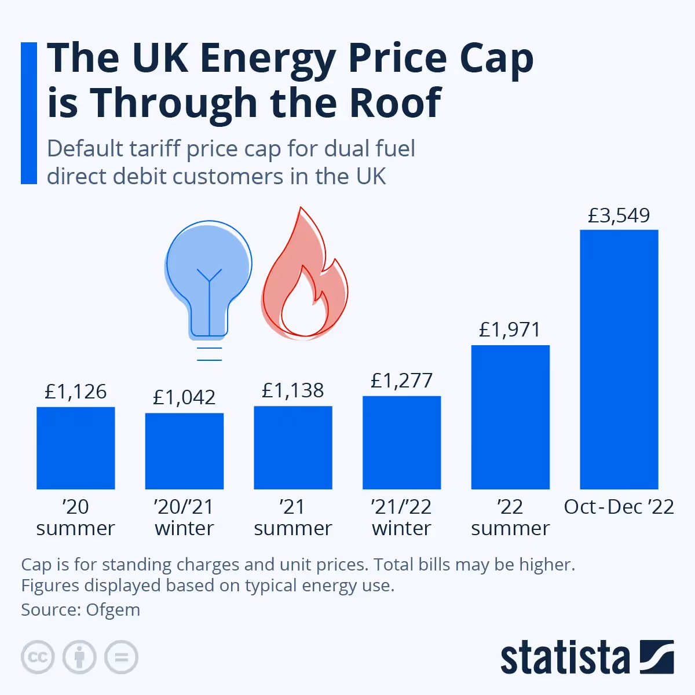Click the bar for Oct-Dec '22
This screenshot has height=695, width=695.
click(619, 359)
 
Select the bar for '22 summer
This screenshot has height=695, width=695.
click(510, 417)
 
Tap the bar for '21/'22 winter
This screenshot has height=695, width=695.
click(401, 442)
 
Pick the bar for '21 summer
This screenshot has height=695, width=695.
click(292, 447)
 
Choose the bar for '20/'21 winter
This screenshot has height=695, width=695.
click(184, 451)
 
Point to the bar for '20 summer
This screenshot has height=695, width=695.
click(75, 448)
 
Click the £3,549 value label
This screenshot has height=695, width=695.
click(619, 215)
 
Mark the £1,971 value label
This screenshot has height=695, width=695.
click(510, 330)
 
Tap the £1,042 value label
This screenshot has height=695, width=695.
click(184, 397)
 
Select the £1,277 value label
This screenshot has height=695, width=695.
click(401, 381)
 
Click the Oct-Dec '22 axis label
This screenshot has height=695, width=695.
click(619, 507)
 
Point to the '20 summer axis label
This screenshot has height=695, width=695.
click(75, 517)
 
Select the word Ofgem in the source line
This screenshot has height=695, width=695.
click(113, 610)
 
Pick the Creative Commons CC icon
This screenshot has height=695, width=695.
click(38, 657)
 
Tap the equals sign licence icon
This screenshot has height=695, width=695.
click(121, 657)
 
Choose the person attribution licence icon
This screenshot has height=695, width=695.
click(79, 657)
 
